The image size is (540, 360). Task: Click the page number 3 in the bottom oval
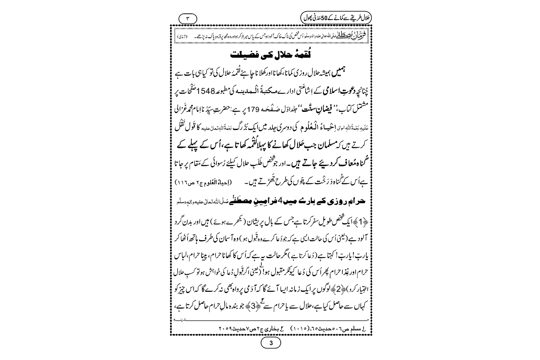pos(271,343)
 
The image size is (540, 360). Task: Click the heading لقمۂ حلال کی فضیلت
pos(271,56)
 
